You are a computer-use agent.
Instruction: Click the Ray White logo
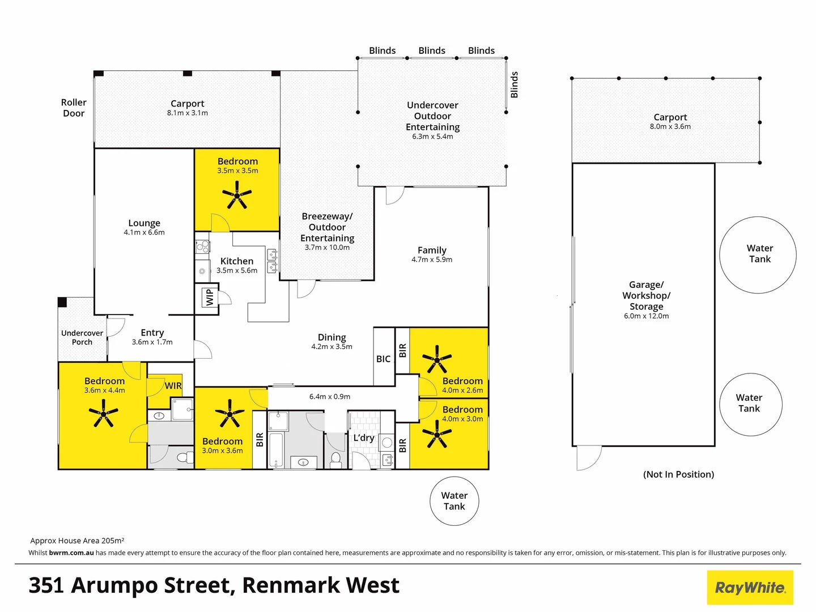point(750,588)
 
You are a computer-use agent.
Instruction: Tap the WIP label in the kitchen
point(210,297)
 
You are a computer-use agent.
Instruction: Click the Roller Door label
point(74,108)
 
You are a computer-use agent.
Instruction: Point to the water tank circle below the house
point(454,501)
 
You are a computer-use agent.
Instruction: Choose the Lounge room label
point(144,223)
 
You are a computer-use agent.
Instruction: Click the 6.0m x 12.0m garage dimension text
point(646,316)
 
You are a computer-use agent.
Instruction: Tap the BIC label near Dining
point(383,359)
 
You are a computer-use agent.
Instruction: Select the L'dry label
point(364,437)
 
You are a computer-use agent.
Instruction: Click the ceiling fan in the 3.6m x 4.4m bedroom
point(104,413)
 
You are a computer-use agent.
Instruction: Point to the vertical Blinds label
point(515,84)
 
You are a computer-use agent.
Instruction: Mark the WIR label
point(173,386)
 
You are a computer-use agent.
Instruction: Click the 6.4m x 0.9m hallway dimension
point(330,397)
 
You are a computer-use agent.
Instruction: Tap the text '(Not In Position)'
point(678,474)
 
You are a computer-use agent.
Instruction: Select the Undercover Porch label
point(82,337)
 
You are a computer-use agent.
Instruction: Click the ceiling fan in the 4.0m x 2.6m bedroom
point(437,359)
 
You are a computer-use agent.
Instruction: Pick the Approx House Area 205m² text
point(77,541)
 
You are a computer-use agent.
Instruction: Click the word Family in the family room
point(432,250)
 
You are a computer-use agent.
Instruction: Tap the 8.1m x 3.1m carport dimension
point(187,113)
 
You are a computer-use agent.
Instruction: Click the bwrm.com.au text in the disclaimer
point(71,552)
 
